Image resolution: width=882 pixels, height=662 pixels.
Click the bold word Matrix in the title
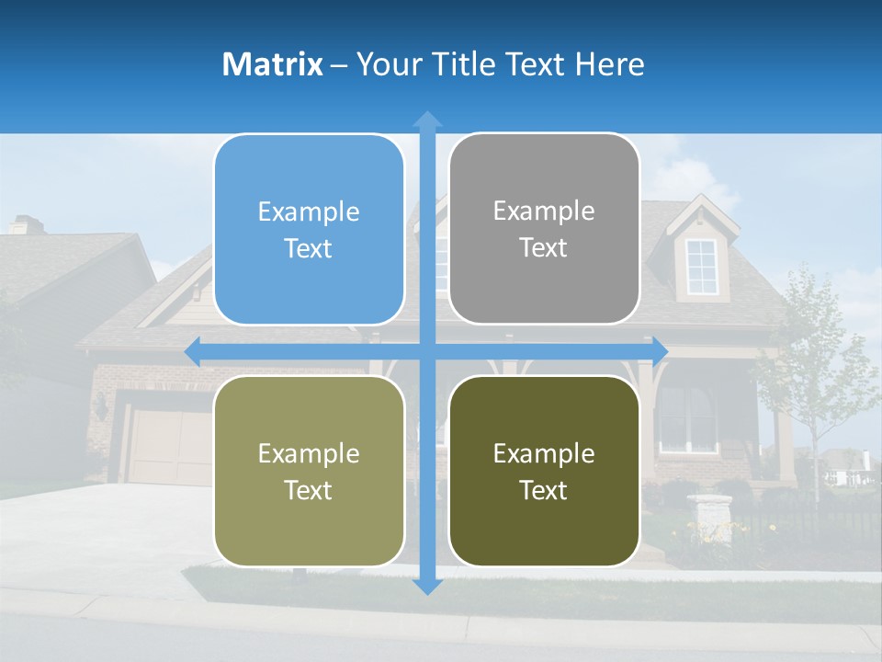273,64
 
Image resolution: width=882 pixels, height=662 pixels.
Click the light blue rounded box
309,230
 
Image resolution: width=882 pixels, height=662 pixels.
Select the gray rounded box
544,229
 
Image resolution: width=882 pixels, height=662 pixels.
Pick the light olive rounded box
309,471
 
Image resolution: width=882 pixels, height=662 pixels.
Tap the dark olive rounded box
544,471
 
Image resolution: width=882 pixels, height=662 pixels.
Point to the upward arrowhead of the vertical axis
427,119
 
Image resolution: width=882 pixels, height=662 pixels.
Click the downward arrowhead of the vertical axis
427,586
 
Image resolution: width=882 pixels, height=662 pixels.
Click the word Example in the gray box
544,211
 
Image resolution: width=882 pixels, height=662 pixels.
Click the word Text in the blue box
309,249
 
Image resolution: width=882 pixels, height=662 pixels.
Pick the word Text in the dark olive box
544,491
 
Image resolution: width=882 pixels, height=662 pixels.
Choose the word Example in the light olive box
309,453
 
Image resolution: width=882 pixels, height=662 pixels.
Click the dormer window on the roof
702,267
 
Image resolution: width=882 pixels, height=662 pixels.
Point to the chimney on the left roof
26,224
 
